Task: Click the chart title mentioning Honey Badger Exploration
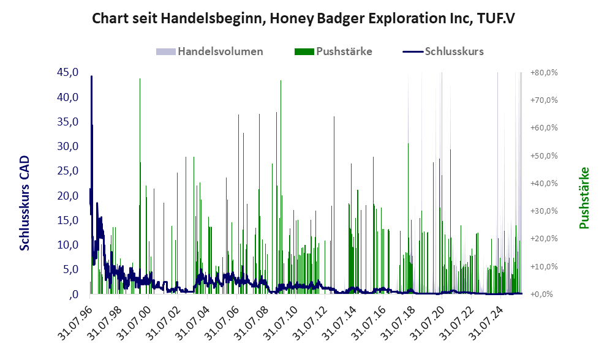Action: tap(303, 18)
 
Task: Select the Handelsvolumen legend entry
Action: tap(220, 51)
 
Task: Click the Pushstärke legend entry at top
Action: tap(344, 51)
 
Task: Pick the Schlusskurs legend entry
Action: tap(454, 51)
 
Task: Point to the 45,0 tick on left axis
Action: tap(68, 73)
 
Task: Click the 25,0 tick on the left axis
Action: tap(68, 171)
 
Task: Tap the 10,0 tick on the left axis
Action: tap(68, 245)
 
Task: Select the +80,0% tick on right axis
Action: tap(543, 73)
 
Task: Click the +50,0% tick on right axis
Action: tap(543, 156)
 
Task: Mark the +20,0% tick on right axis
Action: tap(543, 239)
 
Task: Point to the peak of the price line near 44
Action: tap(91, 77)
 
